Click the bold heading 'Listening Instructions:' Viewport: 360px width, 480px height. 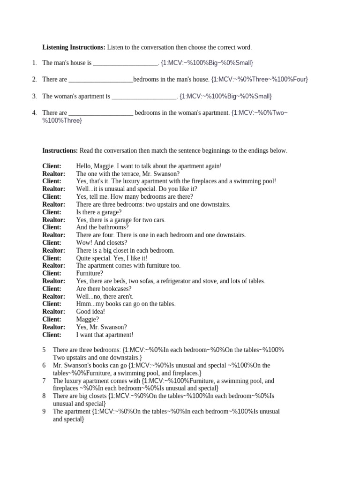click(x=74, y=47)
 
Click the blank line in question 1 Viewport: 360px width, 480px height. click(x=126, y=63)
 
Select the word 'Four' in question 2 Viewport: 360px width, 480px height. click(x=300, y=79)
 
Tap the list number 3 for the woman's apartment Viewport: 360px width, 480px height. click(x=34, y=96)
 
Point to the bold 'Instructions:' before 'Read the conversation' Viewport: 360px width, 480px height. click(x=60, y=150)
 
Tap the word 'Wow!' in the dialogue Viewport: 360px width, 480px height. click(x=83, y=242)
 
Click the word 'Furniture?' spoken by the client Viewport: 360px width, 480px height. click(x=90, y=273)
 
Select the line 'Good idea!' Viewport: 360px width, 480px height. click(x=90, y=311)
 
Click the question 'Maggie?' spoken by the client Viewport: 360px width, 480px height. click(x=87, y=319)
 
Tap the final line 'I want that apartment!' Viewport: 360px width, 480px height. click(x=105, y=335)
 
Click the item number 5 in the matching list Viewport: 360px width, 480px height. click(x=44, y=350)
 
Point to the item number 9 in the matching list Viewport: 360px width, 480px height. click(x=44, y=411)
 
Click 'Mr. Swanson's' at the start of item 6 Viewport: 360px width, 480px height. click(x=70, y=365)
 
